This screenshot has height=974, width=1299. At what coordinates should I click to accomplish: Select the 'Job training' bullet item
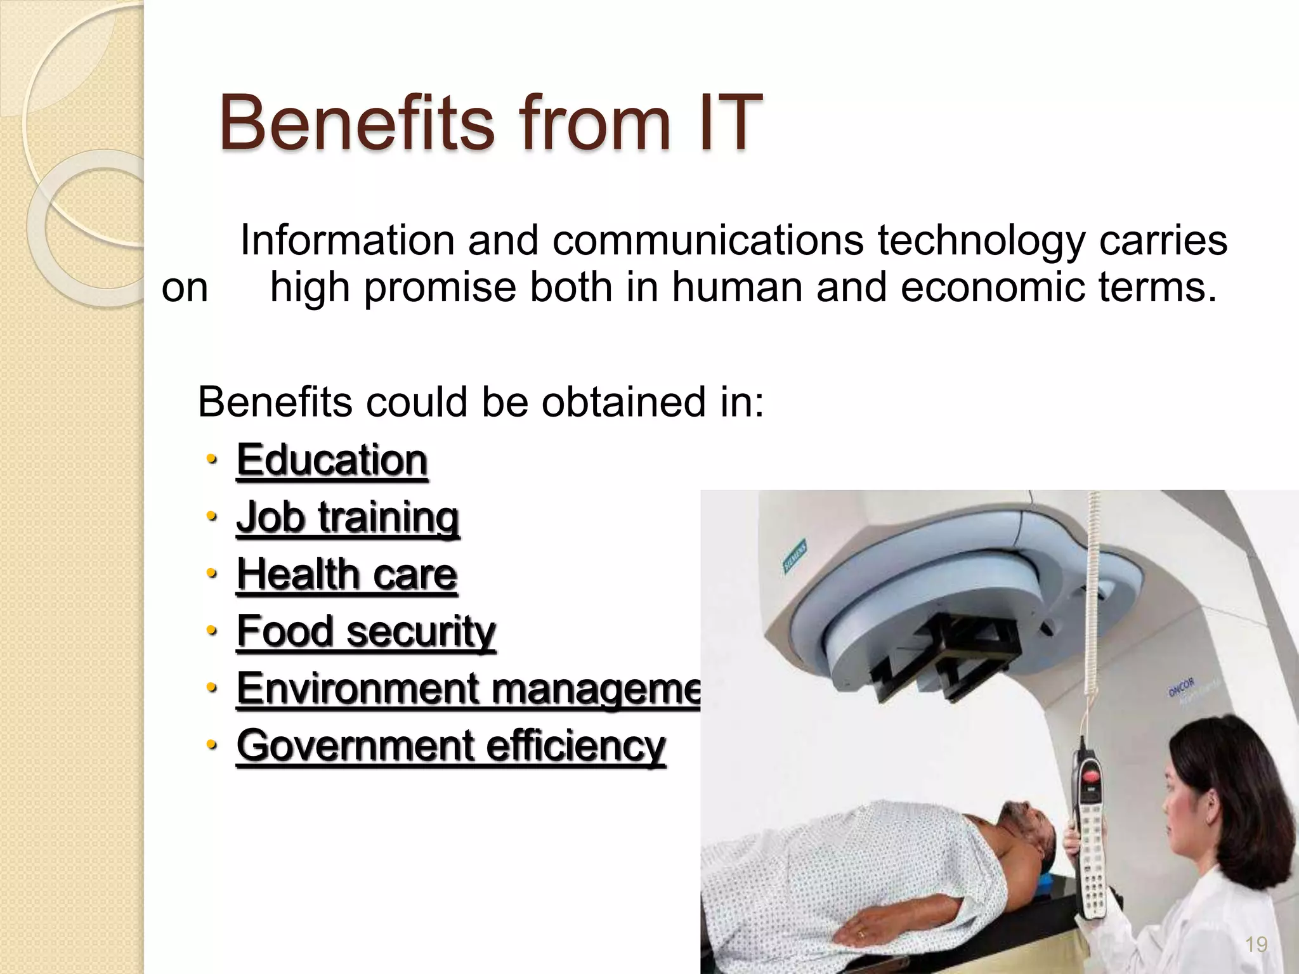(348, 517)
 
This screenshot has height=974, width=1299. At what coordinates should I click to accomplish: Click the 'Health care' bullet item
(346, 574)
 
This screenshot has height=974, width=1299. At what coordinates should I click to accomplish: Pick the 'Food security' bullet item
(366, 631)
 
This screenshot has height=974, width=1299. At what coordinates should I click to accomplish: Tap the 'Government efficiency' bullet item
(451, 745)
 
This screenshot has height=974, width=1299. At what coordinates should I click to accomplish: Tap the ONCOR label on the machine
(1180, 686)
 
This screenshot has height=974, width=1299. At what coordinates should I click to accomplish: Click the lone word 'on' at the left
(185, 287)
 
